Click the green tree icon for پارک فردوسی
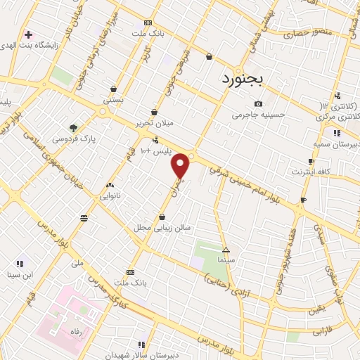coord(73,128)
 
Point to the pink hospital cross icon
coord(28,34)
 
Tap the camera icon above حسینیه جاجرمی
coord(258,104)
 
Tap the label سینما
coord(226,259)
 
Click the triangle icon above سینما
coord(226,250)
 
